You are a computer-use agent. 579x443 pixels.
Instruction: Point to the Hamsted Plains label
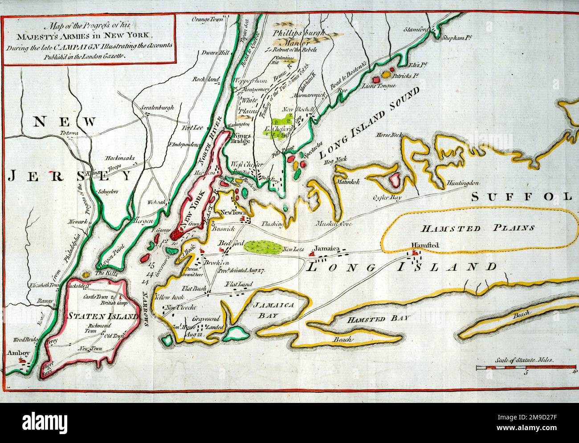[x=477, y=228]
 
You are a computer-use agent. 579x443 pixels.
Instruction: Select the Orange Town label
[x=207, y=19]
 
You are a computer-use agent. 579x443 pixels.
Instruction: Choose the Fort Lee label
[x=192, y=128]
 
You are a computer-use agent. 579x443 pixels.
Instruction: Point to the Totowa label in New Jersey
[x=69, y=134]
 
